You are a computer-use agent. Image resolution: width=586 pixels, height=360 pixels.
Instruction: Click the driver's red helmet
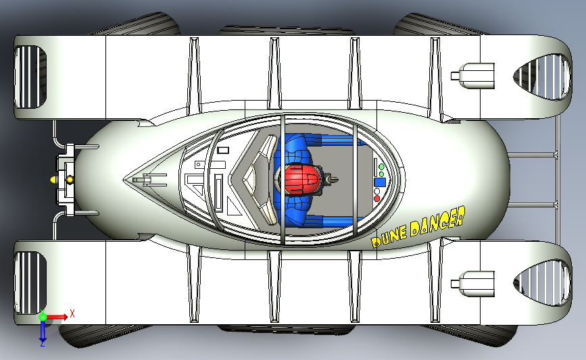click(x=303, y=180)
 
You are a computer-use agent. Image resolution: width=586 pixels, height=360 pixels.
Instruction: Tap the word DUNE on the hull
click(x=388, y=236)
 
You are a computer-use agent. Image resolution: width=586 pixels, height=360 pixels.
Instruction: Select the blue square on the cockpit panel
click(x=380, y=182)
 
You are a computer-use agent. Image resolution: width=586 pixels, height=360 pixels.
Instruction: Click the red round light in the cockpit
click(x=377, y=199)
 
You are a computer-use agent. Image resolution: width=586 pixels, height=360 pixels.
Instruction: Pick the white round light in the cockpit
click(x=377, y=191)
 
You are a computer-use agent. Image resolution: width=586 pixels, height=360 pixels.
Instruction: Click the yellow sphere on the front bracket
click(x=69, y=180)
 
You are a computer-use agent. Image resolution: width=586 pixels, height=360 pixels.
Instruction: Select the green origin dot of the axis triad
click(x=43, y=315)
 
